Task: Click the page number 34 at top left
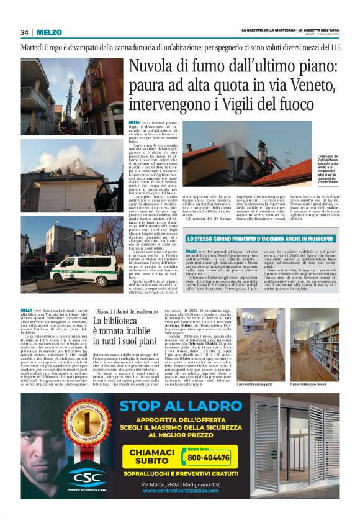click(x=25, y=33)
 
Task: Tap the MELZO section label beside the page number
click(x=49, y=33)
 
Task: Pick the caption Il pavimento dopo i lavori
click(x=313, y=384)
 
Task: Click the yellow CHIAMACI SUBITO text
click(x=143, y=457)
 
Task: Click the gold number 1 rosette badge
click(x=91, y=432)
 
